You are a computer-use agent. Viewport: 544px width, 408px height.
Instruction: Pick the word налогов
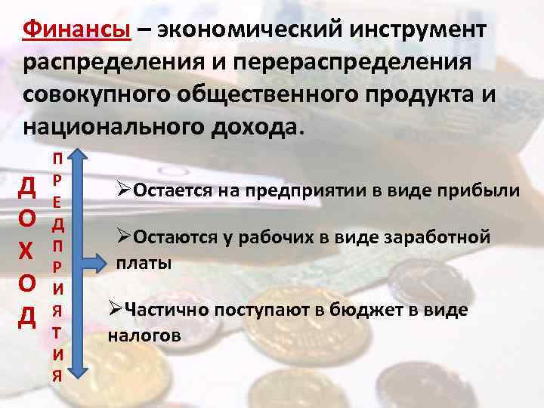click(144, 335)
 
